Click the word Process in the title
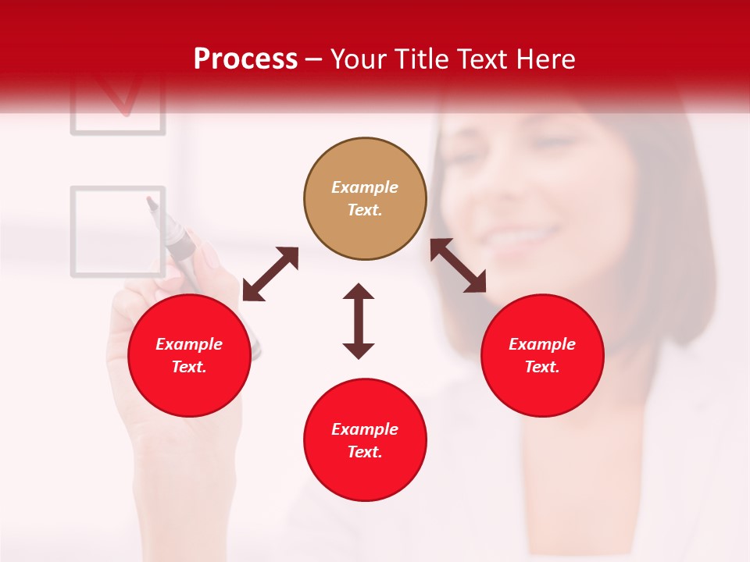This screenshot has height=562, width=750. click(245, 59)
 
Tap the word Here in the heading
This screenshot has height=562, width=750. click(544, 59)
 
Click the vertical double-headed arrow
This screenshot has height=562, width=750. click(359, 321)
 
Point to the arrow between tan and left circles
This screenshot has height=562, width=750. click(270, 274)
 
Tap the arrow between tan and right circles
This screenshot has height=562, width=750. click(459, 265)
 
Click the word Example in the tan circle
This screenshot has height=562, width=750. click(365, 187)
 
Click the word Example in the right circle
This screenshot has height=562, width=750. click(542, 344)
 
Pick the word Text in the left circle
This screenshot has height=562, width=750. click(188, 367)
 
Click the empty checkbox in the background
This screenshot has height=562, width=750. click(118, 231)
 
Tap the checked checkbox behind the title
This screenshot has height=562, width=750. click(118, 101)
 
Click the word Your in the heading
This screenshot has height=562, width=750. click(359, 59)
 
